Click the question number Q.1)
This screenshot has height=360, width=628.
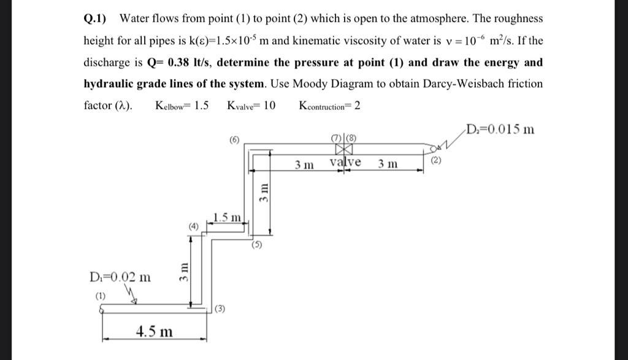(x=96, y=18)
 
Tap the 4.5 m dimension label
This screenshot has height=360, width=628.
(x=154, y=332)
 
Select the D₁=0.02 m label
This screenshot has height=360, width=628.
(x=120, y=277)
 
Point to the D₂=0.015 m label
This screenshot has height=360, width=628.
(x=500, y=129)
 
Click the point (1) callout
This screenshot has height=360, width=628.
(x=101, y=296)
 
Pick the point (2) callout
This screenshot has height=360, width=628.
(x=435, y=161)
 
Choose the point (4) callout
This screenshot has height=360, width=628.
(x=193, y=226)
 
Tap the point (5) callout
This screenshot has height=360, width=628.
(x=256, y=245)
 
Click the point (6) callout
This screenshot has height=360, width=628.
(x=234, y=140)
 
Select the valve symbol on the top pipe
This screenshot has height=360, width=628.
(x=345, y=149)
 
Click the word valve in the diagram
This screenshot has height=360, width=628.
(x=345, y=163)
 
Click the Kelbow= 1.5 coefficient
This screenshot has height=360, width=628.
(x=182, y=105)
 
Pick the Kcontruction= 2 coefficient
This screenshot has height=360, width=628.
(x=329, y=105)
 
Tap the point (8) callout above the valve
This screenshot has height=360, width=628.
(x=352, y=139)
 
